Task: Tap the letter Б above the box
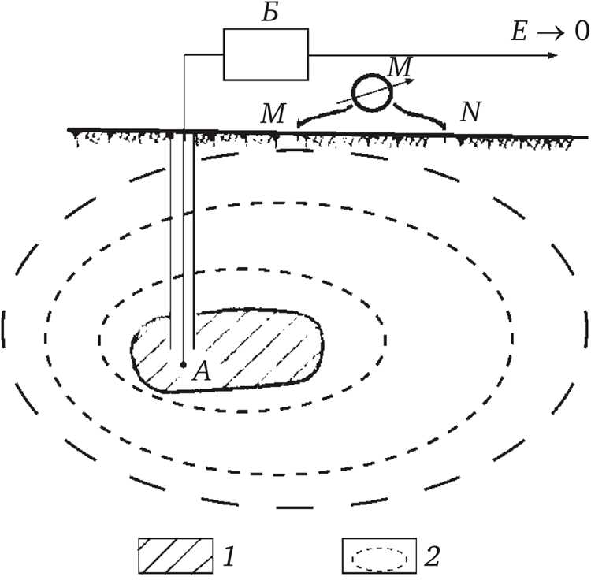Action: click(270, 13)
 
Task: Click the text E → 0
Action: click(550, 31)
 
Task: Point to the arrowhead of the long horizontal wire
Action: click(552, 55)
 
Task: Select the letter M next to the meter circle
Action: click(400, 67)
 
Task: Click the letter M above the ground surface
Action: click(273, 113)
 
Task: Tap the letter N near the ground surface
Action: click(470, 112)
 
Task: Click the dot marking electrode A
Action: click(183, 365)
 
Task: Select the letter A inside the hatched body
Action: click(201, 370)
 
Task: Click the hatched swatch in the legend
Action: click(175, 556)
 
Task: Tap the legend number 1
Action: click(229, 556)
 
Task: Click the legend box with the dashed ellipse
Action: click(379, 556)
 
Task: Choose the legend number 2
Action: click(432, 556)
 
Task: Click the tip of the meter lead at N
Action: click(445, 129)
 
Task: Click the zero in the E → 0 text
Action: click(582, 31)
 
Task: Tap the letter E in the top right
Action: click(519, 32)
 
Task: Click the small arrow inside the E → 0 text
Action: click(550, 33)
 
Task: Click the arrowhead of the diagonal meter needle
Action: click(411, 80)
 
